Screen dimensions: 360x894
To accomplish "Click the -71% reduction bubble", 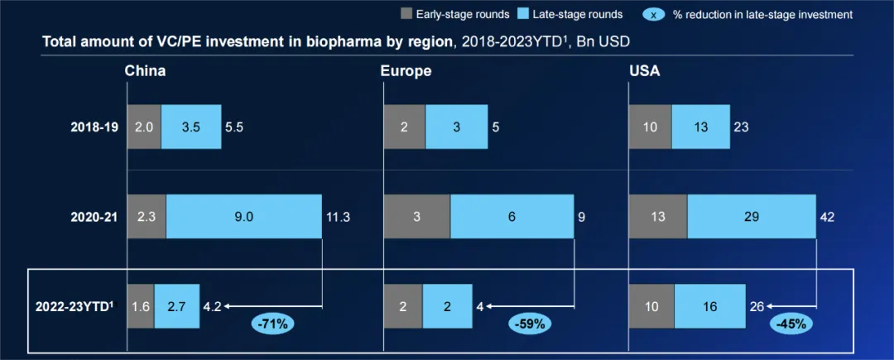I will tap(272, 324).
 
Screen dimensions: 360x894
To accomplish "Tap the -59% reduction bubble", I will tap(529, 324).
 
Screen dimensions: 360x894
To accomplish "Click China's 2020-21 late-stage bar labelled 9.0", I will tap(243, 217).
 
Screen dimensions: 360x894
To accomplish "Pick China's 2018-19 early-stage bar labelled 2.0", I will tap(143, 127).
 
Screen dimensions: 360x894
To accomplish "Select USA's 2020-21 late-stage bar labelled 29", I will tap(751, 217).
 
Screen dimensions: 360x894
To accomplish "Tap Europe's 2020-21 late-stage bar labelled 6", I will tap(512, 217).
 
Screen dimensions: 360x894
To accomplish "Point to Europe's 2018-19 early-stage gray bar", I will tap(404, 127).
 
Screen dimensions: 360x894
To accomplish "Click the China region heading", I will tap(145, 70).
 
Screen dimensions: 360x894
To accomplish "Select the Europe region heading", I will tap(406, 70).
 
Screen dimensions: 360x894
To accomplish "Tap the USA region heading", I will tap(644, 70).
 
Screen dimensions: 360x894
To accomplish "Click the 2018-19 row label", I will tap(94, 127).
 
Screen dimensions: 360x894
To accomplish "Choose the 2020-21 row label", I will tap(94, 217).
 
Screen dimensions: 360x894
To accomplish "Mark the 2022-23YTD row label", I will tap(74, 305).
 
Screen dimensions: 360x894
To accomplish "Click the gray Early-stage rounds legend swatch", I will tap(406, 14).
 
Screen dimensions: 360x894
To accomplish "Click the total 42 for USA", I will tap(826, 217).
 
